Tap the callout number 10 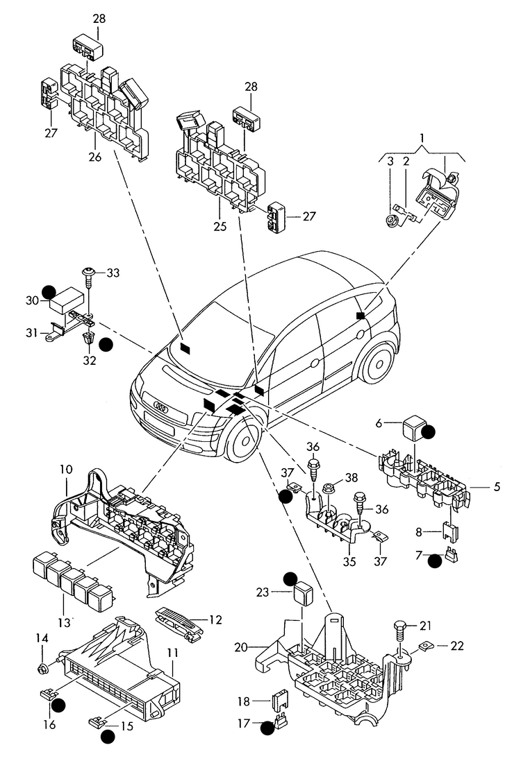[x=67, y=469]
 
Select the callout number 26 [x=95, y=157]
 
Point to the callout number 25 [x=220, y=226]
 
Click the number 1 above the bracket [x=422, y=137]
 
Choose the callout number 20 [x=241, y=648]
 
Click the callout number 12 [x=215, y=619]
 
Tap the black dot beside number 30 [x=49, y=292]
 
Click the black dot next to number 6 [x=429, y=431]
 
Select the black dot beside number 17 [x=267, y=728]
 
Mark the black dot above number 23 [x=291, y=579]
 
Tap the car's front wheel [x=244, y=437]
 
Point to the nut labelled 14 [x=43, y=667]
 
